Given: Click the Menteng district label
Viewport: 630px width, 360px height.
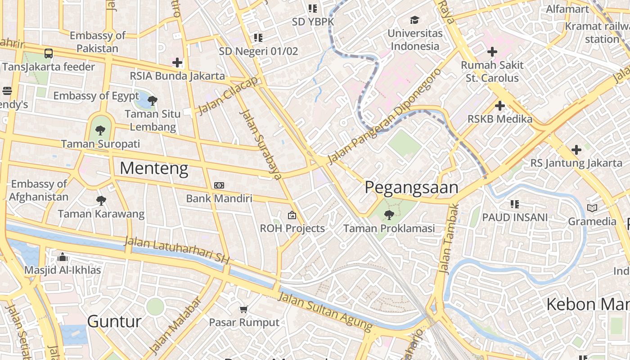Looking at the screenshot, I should [x=154, y=168].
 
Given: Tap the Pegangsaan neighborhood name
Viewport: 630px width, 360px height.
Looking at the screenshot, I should [x=411, y=187].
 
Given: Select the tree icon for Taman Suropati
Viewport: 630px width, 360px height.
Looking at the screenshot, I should [x=100, y=130].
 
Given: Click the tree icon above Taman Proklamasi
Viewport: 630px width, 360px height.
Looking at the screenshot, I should [x=389, y=215].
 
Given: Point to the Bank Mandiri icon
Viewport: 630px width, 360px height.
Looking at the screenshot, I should [x=219, y=185].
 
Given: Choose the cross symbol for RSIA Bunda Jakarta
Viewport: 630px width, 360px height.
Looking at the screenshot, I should [x=177, y=63].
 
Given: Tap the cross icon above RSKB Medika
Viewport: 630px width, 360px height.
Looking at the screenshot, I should [x=499, y=106].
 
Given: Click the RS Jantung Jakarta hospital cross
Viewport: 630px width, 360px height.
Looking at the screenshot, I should [x=576, y=149].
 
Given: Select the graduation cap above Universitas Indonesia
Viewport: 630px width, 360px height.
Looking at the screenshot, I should [x=414, y=20].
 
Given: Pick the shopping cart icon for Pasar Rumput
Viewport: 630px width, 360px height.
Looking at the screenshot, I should [x=244, y=309].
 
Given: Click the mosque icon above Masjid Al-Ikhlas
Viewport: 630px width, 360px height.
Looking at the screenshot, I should [x=63, y=257].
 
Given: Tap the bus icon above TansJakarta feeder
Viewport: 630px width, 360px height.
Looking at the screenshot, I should [x=48, y=54].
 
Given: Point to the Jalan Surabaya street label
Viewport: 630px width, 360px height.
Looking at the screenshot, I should [x=261, y=144].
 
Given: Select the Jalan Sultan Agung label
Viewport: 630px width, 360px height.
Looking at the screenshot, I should [x=325, y=311].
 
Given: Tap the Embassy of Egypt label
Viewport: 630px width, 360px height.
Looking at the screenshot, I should [x=96, y=96].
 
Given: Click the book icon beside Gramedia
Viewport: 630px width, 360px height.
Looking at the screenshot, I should [x=592, y=208].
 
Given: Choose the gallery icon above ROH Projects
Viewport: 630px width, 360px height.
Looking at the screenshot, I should [x=292, y=215].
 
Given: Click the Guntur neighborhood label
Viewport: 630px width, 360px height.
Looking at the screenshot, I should [x=114, y=321].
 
